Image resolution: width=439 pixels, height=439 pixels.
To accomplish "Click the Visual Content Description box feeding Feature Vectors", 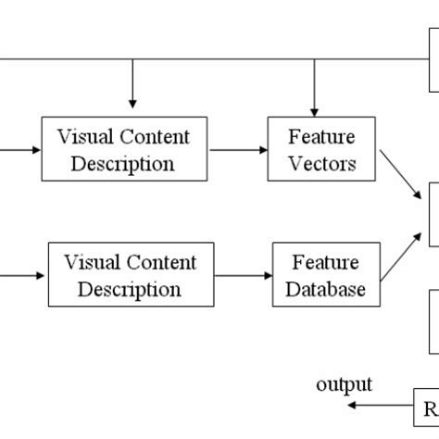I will point(123,150).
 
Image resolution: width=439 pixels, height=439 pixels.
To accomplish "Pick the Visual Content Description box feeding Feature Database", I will point(130,275).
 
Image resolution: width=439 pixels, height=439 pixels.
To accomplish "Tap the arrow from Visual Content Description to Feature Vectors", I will point(235,150).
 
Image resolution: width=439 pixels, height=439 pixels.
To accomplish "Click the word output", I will point(345,384).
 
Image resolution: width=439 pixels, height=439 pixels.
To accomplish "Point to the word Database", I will point(324,289).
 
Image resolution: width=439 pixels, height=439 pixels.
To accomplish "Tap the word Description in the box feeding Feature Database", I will point(130,289).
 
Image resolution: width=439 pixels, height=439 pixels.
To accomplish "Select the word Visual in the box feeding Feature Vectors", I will point(82,137).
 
